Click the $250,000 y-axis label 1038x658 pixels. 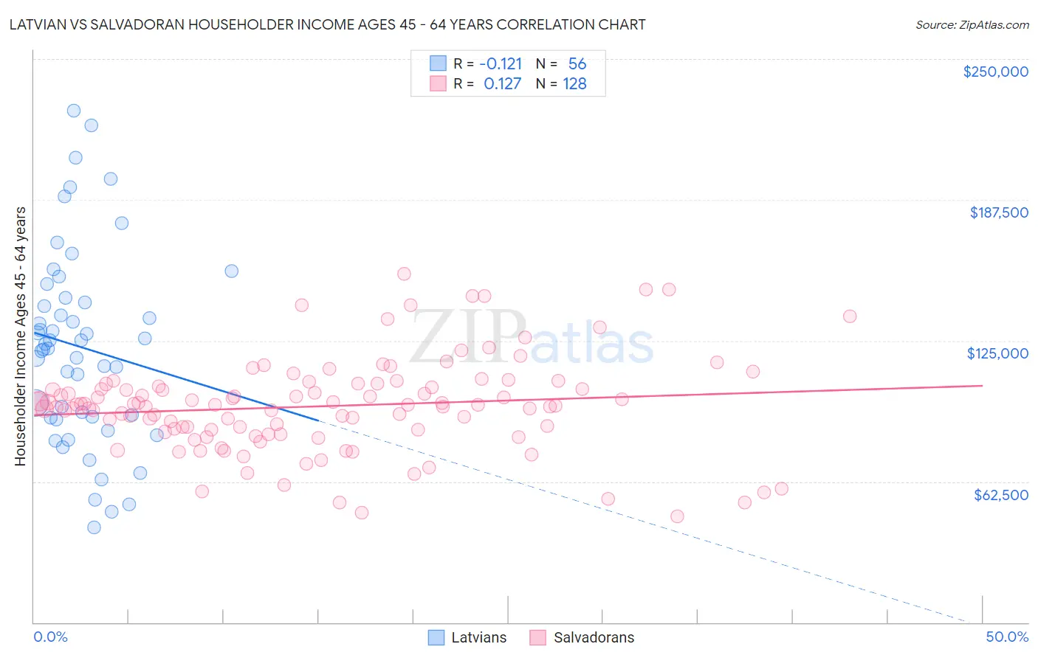pyautogui.click(x=995, y=72)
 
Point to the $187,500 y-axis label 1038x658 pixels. pyautogui.click(x=998, y=212)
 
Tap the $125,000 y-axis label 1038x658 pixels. pyautogui.click(x=997, y=353)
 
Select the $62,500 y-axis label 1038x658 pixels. pyautogui.click(x=1000, y=495)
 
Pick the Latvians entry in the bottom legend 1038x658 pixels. pyautogui.click(x=478, y=638)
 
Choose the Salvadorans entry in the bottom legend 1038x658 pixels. pyautogui.click(x=594, y=638)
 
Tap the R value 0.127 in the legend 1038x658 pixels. pyautogui.click(x=503, y=84)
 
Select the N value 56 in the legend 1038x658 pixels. pyautogui.click(x=577, y=64)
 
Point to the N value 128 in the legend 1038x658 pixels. pyautogui.click(x=574, y=84)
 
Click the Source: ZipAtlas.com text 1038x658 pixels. pyautogui.click(x=972, y=25)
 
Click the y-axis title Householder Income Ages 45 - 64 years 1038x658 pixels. pyautogui.click(x=21, y=336)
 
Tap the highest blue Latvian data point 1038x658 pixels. pyautogui.click(x=74, y=111)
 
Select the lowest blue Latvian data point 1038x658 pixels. pyautogui.click(x=94, y=527)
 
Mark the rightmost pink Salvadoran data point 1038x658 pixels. pyautogui.click(x=850, y=316)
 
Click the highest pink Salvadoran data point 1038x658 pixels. pyautogui.click(x=404, y=274)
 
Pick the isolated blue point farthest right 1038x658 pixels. pyautogui.click(x=232, y=271)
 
